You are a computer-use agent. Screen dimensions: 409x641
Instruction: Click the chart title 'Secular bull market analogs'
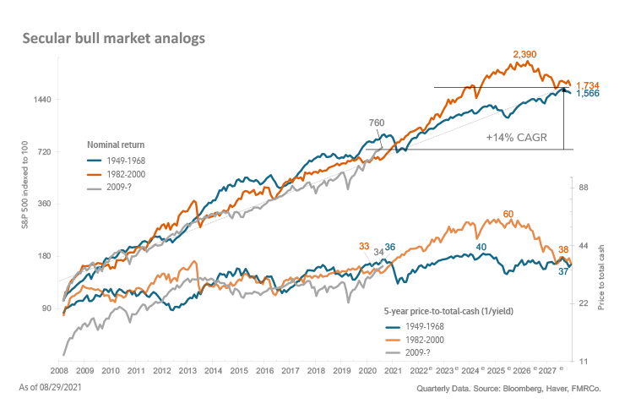click(112, 39)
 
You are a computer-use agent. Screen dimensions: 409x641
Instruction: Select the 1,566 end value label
click(588, 94)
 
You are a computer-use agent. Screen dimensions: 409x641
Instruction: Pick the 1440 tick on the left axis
click(43, 100)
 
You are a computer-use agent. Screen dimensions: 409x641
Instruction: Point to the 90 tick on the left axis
click(47, 308)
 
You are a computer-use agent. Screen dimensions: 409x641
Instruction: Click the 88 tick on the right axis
click(584, 188)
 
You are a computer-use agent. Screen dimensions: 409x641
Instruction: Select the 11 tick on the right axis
click(583, 362)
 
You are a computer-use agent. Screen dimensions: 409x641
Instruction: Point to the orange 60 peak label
click(508, 215)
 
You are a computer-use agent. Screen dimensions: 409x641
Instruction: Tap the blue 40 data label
click(481, 247)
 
